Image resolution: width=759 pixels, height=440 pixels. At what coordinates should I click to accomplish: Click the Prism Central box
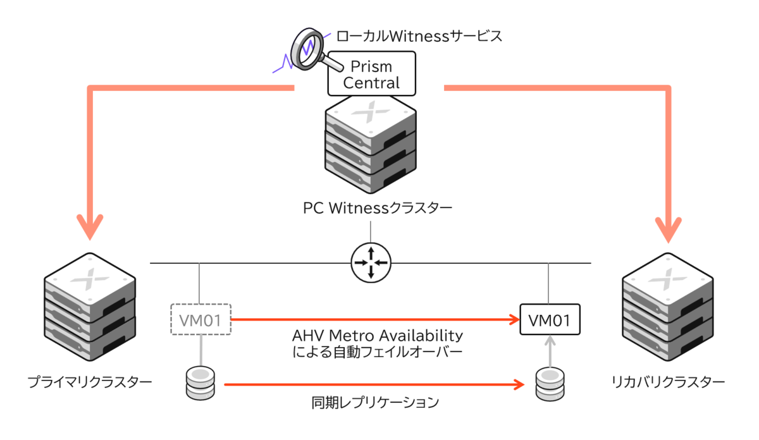pyautogui.click(x=371, y=74)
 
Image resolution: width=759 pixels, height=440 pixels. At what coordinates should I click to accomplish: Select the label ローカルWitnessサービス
pyautogui.click(x=419, y=36)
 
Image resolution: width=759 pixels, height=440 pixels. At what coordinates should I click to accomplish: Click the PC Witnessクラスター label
pyautogui.click(x=378, y=207)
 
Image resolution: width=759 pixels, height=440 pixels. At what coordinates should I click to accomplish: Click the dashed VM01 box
pyautogui.click(x=201, y=320)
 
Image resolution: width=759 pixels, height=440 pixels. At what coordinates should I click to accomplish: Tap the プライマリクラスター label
pyautogui.click(x=89, y=382)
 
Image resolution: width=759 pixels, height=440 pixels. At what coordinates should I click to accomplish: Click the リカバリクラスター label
pyautogui.click(x=668, y=382)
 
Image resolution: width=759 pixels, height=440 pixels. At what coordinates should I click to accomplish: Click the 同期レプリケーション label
pyautogui.click(x=375, y=402)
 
